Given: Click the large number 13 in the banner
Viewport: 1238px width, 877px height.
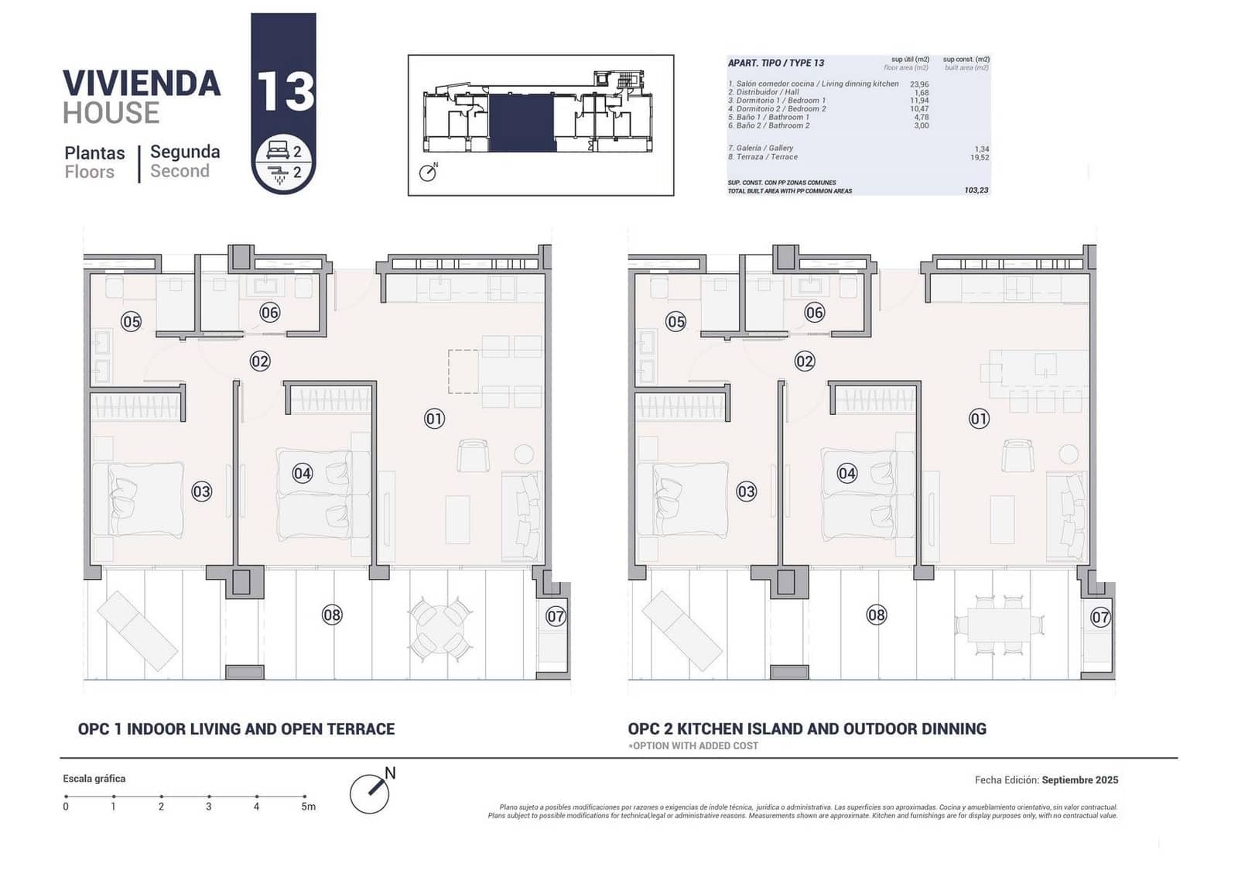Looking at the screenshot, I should point(285,92).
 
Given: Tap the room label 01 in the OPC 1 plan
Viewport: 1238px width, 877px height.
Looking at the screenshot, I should point(435,419).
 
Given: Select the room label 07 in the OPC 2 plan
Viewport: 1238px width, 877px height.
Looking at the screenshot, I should point(1100,617).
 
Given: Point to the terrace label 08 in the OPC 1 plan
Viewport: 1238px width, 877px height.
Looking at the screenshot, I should point(332,615).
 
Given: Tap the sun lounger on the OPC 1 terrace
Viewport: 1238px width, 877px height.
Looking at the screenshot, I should point(137,631).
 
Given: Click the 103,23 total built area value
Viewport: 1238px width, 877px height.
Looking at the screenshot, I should point(976,190).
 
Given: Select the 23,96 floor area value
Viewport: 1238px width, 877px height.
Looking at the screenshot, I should point(919,84).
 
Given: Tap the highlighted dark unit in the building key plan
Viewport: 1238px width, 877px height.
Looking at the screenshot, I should point(522,122).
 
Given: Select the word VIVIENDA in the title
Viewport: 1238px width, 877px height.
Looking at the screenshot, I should point(142,84).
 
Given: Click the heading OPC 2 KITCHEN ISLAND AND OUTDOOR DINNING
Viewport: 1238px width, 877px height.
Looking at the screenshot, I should point(807,729).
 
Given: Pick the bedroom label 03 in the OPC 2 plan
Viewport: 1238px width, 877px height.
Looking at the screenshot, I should point(746,492).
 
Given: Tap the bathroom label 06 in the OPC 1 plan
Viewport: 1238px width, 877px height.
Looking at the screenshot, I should point(269,313).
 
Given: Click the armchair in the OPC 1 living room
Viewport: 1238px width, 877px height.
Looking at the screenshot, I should point(473,455).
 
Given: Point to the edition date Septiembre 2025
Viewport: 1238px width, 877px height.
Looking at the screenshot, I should point(1079,780).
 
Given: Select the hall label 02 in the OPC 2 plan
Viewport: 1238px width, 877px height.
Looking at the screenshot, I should point(805,361).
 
